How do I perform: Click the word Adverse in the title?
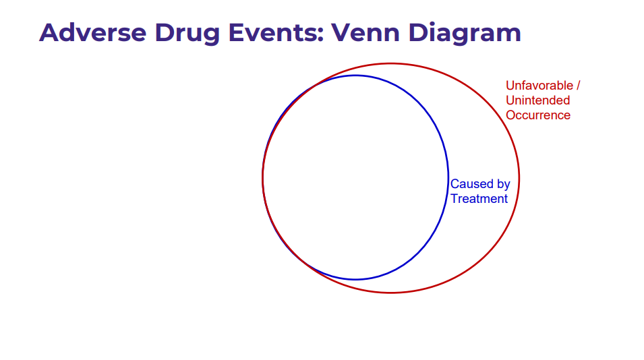[93, 33]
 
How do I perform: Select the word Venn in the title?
[365, 33]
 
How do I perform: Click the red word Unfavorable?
[539, 86]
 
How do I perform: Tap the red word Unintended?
[537, 100]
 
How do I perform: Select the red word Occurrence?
[538, 115]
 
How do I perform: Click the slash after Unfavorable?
[579, 86]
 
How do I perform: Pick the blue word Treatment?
[479, 199]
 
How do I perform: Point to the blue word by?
[504, 185]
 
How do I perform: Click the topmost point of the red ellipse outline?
[390, 63]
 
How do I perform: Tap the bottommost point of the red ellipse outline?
[390, 293]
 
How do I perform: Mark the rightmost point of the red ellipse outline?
[519, 178]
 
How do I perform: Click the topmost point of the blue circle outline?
[355, 76]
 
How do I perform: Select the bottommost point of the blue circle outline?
[355, 280]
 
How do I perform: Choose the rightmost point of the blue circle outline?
[448, 177]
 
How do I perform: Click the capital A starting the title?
[49, 33]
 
